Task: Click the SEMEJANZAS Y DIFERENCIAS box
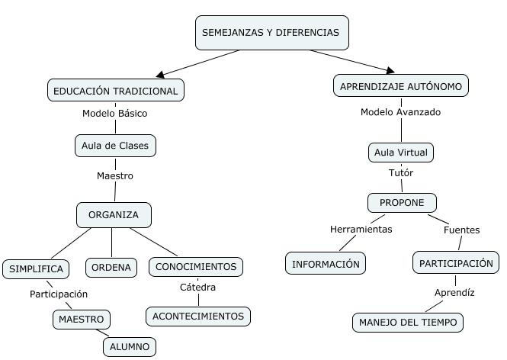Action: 271,33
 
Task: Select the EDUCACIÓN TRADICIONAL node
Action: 116,91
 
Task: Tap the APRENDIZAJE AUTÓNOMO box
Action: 400,86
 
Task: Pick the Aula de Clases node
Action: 115,145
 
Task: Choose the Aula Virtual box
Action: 400,153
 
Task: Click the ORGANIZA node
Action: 114,214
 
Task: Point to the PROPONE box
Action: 402,203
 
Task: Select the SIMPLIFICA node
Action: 36,268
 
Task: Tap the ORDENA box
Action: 111,267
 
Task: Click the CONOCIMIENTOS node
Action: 196,267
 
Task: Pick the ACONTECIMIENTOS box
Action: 198,316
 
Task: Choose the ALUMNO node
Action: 130,346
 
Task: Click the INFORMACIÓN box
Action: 326,264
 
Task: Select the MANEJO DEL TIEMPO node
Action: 408,323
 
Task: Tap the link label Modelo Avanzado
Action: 400,112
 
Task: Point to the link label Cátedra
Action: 197,288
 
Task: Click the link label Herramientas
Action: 361,229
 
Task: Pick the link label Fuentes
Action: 461,229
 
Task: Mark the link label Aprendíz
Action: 454,293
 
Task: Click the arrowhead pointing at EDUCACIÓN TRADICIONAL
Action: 161,76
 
